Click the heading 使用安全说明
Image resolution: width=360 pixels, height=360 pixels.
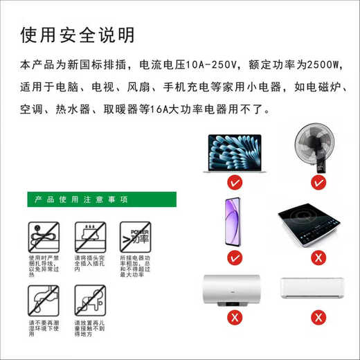tap(78, 35)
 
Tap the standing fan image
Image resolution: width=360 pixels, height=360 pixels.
tap(318, 148)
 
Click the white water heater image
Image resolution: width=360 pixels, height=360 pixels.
tap(232, 294)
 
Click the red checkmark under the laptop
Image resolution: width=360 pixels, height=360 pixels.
tap(235, 183)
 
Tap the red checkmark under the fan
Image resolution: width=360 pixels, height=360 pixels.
tap(318, 183)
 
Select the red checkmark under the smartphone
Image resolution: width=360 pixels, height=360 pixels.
tap(235, 258)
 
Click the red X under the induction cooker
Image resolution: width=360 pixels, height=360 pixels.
tap(318, 258)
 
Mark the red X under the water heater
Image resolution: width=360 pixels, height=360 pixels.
tap(235, 318)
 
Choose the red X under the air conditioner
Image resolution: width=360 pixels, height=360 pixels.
tap(318, 318)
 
